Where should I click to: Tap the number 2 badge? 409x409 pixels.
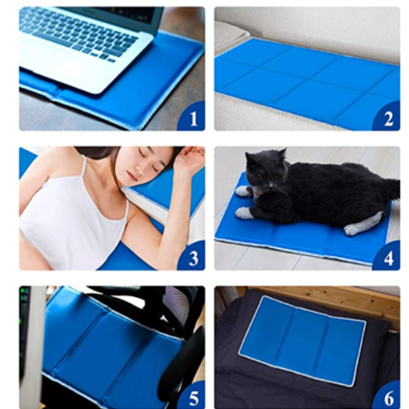click(388, 118)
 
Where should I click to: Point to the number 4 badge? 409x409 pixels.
click(388, 258)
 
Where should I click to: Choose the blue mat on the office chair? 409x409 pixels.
click(101, 340)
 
